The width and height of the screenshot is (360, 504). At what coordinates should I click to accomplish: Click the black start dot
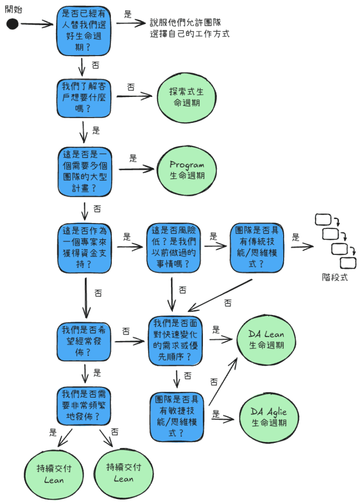coord(12,24)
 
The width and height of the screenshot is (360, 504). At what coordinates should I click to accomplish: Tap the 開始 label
coord(13,9)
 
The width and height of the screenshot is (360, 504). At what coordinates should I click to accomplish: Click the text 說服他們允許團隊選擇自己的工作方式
coord(190,28)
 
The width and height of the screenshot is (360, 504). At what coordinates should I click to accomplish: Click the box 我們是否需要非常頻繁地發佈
coord(84,406)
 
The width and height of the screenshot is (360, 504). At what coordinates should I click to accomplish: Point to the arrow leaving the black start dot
coord(37,24)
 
